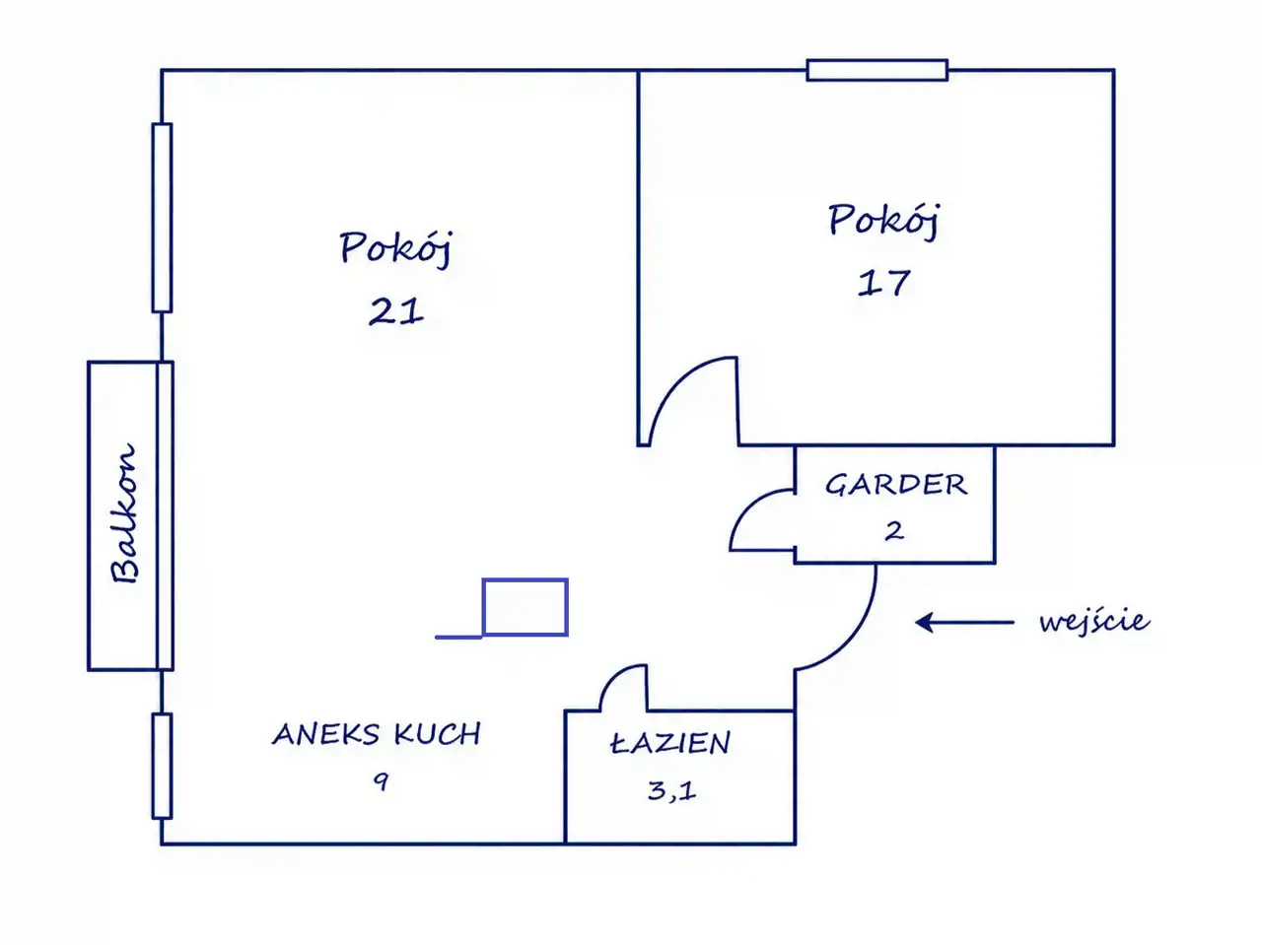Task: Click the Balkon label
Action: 124,513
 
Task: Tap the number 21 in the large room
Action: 396,311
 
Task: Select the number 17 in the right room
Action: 883,283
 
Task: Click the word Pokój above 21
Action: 396,247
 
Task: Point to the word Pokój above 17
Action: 883,220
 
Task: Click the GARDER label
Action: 896,485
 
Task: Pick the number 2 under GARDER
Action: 894,531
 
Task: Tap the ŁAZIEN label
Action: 670,743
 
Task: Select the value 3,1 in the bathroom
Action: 671,791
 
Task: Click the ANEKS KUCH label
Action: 377,734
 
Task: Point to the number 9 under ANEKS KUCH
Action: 381,781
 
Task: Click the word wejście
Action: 1094,621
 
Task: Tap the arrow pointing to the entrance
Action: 964,622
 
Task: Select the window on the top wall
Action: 876,70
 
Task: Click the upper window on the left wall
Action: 162,218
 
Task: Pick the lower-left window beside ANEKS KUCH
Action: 162,766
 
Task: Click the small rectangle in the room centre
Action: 525,607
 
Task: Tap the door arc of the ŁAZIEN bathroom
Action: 613,676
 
